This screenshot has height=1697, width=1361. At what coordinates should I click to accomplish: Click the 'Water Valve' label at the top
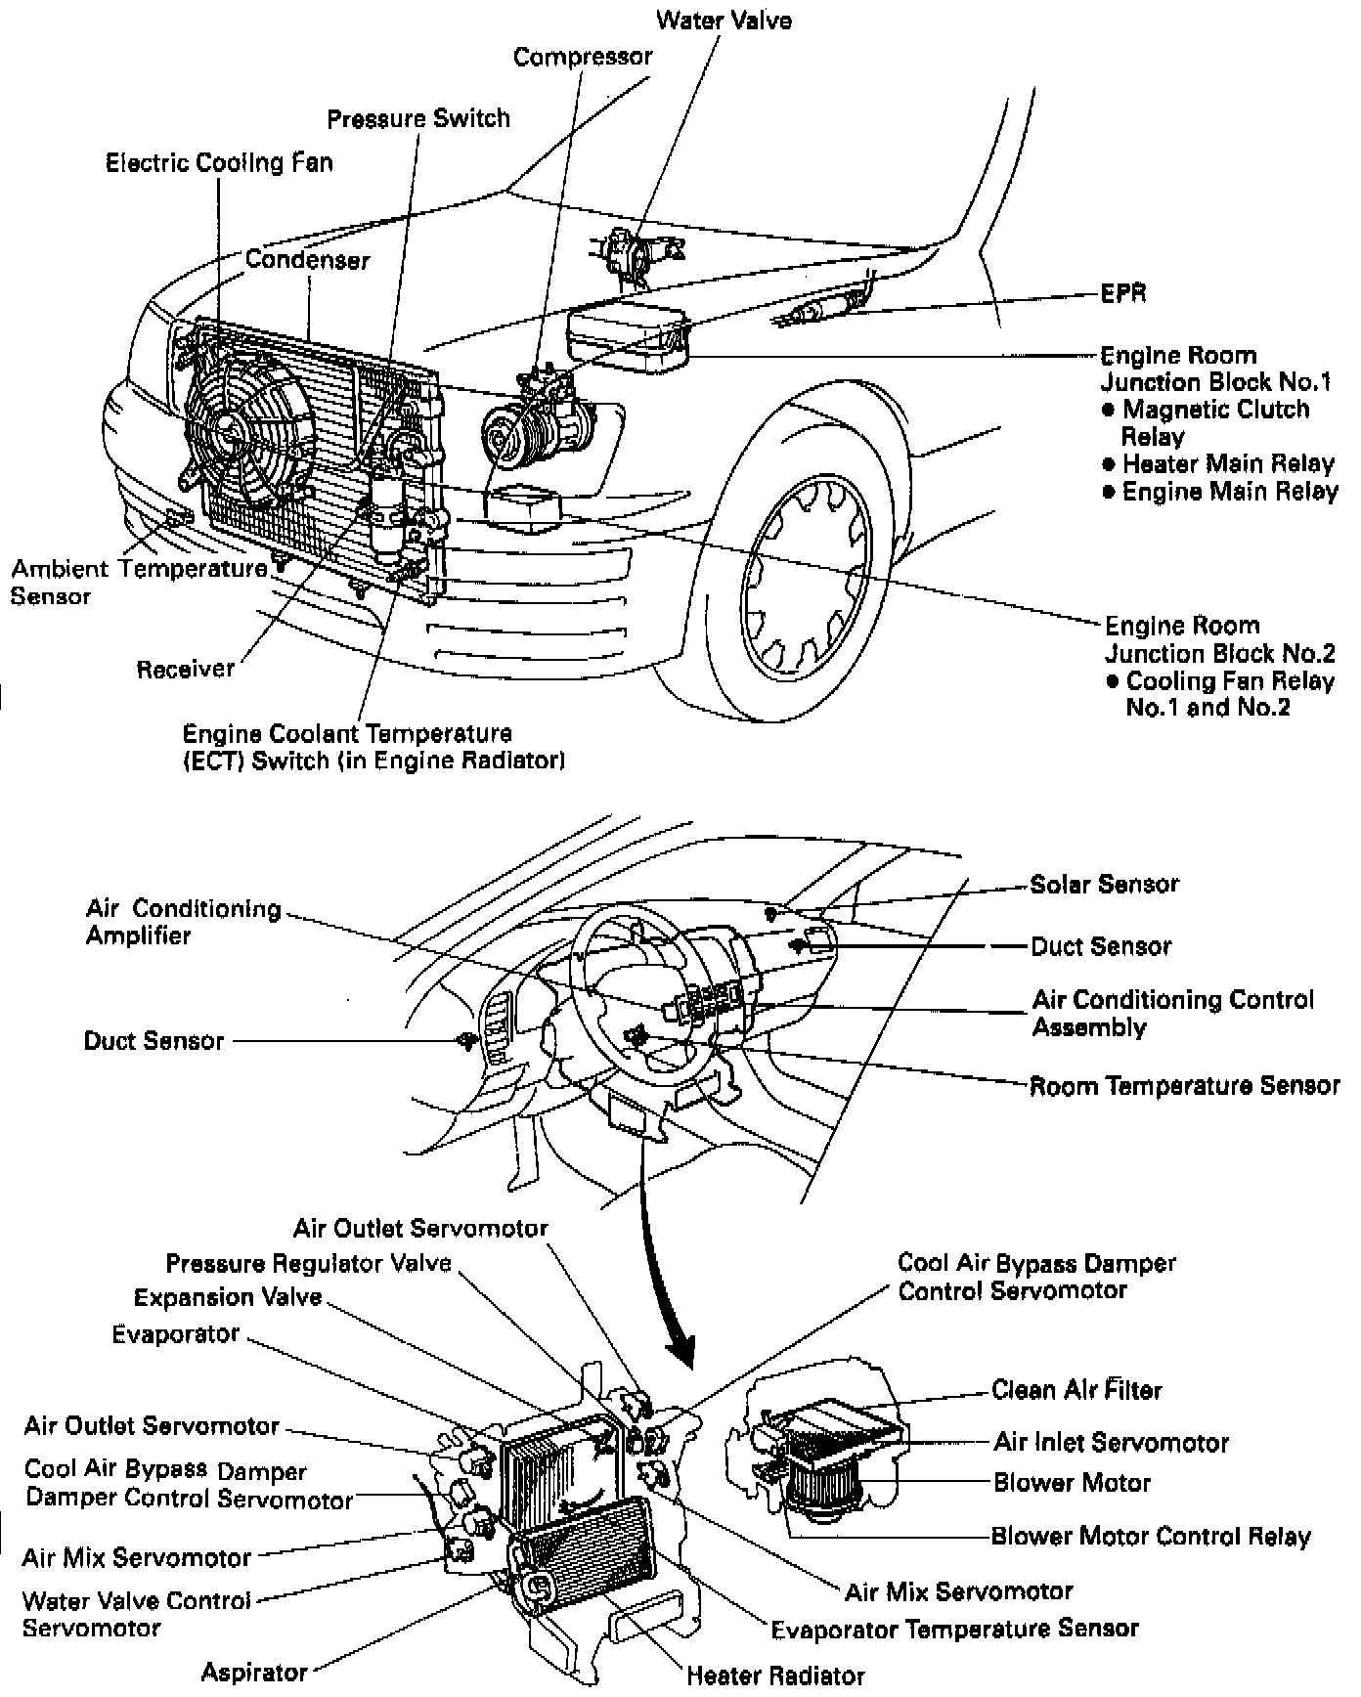[724, 20]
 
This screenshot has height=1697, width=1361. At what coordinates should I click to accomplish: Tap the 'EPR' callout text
[1123, 292]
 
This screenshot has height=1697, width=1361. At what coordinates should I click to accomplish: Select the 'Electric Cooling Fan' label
[219, 162]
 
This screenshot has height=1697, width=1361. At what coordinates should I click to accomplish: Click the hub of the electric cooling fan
[231, 431]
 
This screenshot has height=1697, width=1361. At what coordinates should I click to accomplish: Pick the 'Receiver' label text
[186, 669]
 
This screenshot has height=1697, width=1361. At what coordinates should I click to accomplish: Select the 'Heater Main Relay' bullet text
[1228, 463]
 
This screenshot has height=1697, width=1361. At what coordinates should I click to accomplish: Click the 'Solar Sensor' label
[1105, 884]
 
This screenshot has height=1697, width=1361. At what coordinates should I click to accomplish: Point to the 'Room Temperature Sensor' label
[1184, 1086]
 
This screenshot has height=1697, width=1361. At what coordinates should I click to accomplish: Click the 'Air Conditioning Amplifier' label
[183, 922]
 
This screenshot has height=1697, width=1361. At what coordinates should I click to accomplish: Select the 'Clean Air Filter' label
[1076, 1389]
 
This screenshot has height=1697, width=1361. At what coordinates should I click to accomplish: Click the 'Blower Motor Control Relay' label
[1151, 1536]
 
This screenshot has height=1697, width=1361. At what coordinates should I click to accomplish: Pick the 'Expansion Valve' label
[228, 1297]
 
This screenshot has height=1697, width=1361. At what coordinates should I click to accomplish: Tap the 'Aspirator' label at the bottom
[254, 1672]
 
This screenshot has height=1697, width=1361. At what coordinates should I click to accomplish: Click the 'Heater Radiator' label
[775, 1675]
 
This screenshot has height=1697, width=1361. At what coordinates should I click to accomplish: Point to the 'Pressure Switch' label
[418, 118]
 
